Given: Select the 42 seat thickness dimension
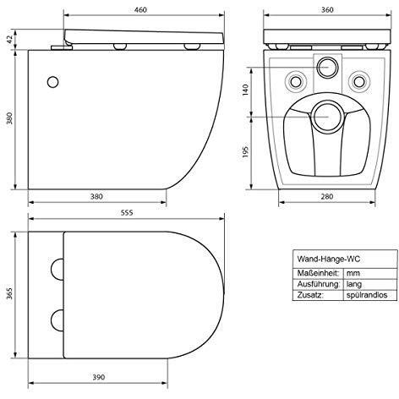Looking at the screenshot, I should (10, 38).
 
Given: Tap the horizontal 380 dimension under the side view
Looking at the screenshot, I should (96, 196).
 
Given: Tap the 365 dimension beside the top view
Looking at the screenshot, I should (10, 293).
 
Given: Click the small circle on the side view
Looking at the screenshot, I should (52, 82).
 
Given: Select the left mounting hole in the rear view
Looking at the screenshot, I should (297, 81).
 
